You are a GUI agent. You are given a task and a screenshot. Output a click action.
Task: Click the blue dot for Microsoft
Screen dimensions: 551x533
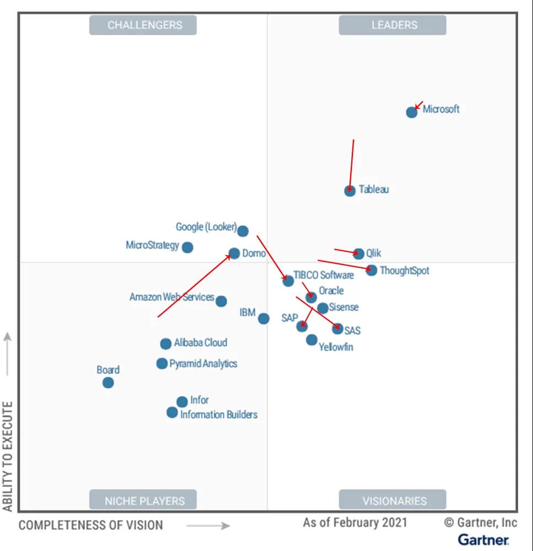tap(411, 112)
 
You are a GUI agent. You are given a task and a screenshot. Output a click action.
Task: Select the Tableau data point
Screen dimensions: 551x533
tap(350, 191)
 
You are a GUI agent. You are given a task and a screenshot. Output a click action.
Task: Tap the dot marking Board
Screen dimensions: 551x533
tap(108, 382)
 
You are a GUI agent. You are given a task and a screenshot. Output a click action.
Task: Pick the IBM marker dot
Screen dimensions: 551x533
tap(264, 318)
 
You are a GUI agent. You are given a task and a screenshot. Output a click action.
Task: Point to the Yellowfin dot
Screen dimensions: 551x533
tap(312, 340)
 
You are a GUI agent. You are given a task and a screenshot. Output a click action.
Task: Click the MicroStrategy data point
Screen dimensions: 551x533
tap(187, 247)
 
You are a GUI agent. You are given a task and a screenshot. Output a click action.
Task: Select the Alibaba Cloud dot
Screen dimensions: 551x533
tap(166, 344)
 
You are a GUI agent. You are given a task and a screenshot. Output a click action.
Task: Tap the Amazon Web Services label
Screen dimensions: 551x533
tap(171, 297)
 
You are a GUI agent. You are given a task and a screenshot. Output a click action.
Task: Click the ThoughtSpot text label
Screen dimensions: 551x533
tap(404, 271)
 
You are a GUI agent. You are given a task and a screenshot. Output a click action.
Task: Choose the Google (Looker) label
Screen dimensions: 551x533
tap(206, 227)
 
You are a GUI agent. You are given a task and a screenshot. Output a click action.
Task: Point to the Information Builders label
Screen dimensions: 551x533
tap(219, 414)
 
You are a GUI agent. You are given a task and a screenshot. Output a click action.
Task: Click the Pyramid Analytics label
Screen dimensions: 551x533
tap(203, 364)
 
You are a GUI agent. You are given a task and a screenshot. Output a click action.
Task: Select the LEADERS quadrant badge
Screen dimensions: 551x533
tap(393, 25)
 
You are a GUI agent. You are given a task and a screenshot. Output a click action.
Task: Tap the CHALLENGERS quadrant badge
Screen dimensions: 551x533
tap(143, 25)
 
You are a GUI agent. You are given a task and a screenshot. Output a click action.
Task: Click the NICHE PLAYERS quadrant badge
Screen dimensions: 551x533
tap(143, 500)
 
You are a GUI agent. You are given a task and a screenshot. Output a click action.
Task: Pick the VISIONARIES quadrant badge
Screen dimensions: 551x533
tap(393, 500)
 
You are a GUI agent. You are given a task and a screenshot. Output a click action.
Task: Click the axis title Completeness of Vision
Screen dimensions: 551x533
tap(91, 525)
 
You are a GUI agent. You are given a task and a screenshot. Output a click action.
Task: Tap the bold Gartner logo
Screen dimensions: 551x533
tap(483, 539)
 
